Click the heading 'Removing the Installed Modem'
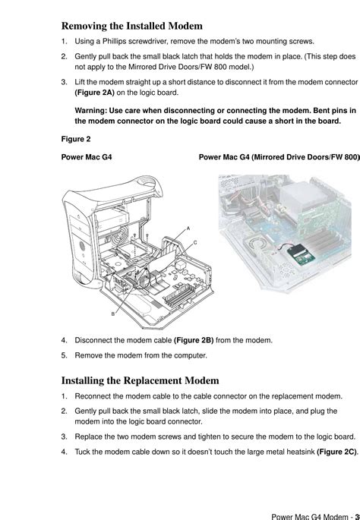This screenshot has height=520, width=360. coord(131,26)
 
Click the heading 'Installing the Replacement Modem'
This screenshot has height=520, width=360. coord(140,380)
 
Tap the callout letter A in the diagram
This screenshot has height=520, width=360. coord(188,228)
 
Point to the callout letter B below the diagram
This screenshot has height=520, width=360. coord(113,314)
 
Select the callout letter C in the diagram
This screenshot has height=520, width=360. coord(195,242)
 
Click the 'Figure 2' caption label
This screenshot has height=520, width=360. coord(76,139)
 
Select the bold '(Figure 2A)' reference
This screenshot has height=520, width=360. coord(95,93)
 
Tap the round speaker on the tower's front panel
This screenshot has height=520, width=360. coord(82,247)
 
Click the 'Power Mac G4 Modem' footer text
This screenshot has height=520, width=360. coord(309,517)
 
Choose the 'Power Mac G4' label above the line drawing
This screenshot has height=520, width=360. coord(87,157)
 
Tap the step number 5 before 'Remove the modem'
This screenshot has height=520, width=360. coord(64,355)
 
